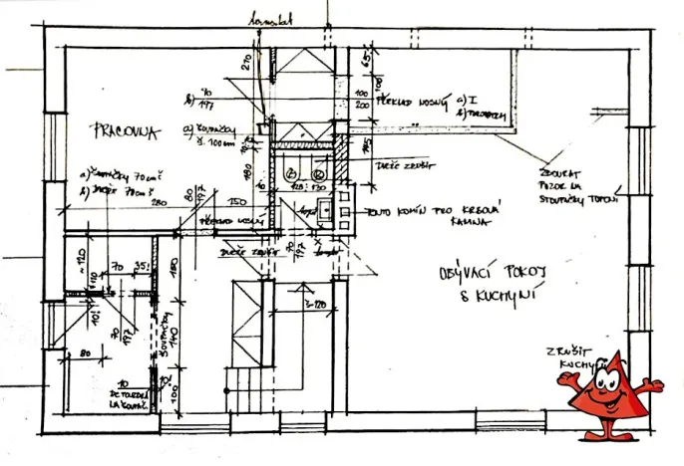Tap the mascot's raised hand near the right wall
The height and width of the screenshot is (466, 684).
654,382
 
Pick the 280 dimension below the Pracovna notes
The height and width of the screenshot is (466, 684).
156,202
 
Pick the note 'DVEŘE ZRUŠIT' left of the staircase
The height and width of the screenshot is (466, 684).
245,253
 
